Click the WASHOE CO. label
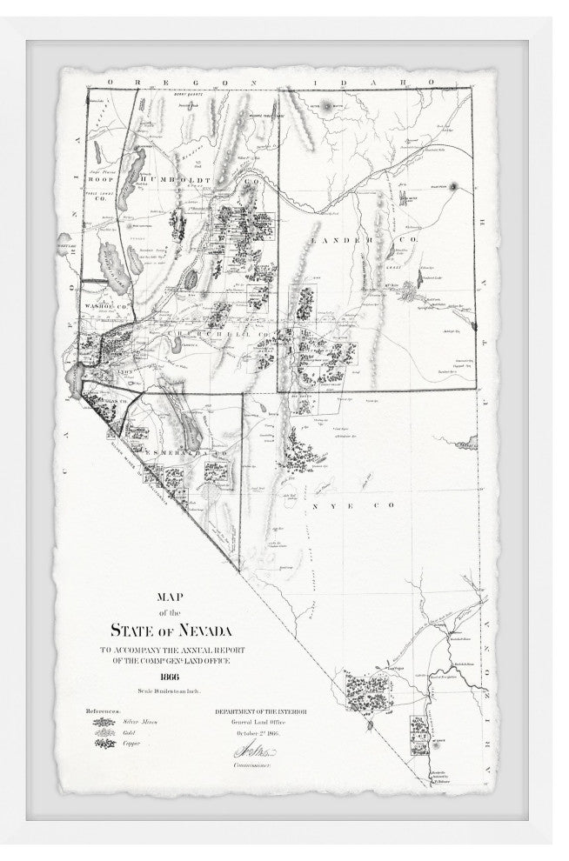tap(106, 306)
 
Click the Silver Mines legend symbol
tap(102, 721)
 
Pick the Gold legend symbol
tap(102, 732)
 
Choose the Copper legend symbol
tap(102, 744)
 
